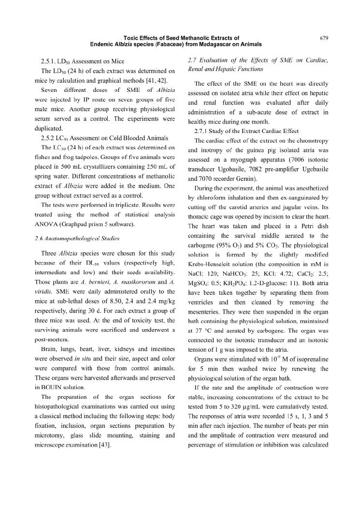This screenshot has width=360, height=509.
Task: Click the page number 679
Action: coord(325,37)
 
